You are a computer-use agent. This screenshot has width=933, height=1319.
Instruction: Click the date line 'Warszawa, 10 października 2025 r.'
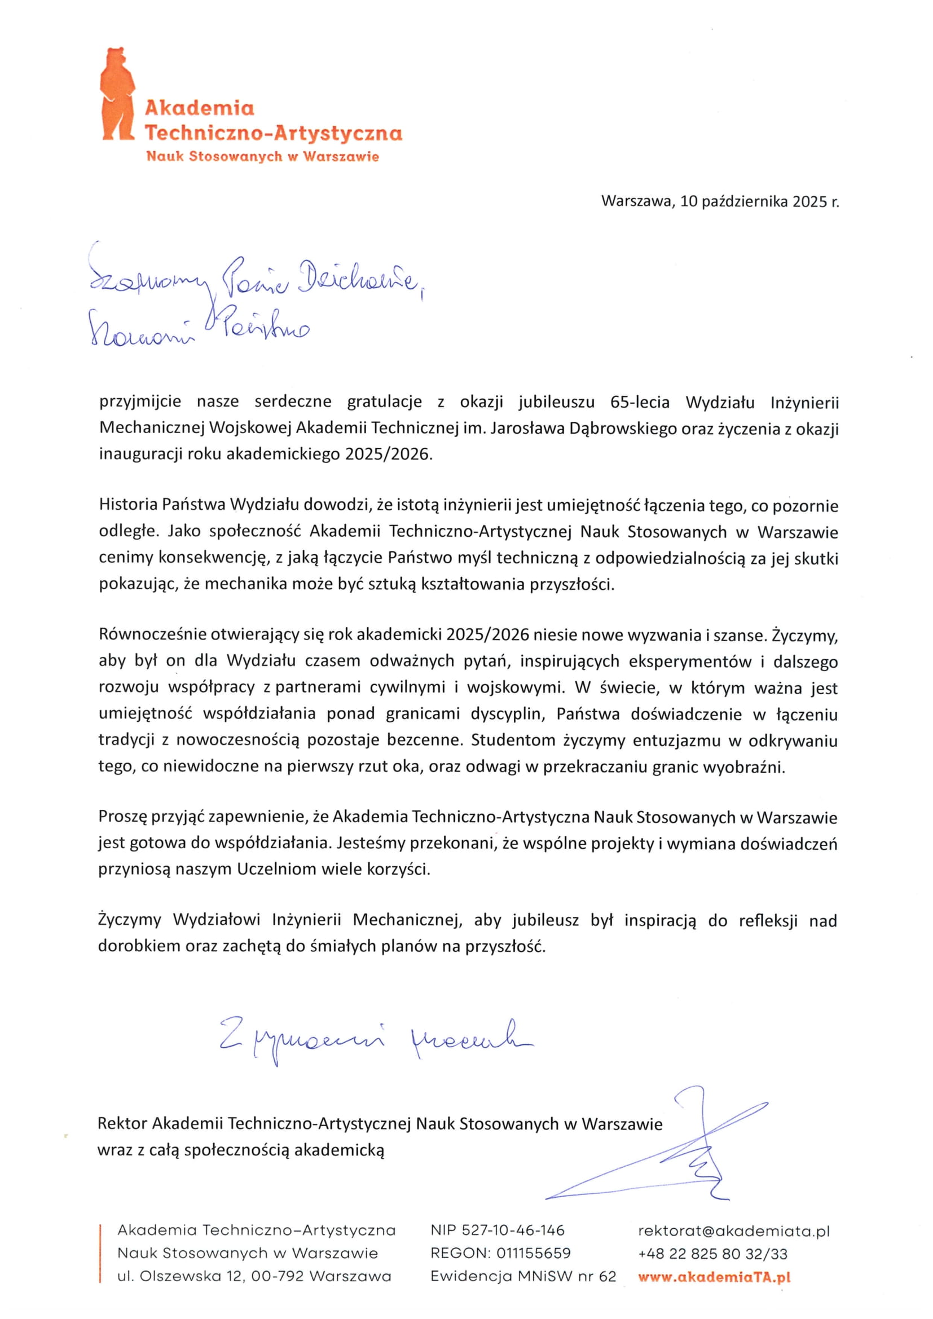coord(719,202)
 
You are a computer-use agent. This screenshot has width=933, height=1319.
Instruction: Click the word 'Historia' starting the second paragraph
coord(127,504)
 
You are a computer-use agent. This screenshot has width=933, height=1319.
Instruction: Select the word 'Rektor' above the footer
coord(122,1123)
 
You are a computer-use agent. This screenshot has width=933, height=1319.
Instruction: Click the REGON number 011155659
coord(533,1253)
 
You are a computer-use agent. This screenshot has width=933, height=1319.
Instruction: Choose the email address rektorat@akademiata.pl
coord(734,1230)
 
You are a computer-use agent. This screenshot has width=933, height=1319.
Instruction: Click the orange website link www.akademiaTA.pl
coord(714,1277)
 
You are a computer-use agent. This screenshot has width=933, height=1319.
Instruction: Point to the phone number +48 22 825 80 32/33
coord(712,1254)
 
